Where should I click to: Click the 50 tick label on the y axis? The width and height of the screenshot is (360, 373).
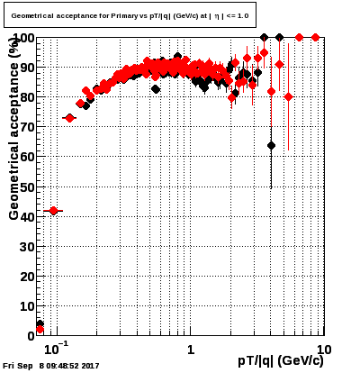[x=28, y=187]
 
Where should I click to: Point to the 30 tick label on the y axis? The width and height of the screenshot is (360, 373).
[x=28, y=247]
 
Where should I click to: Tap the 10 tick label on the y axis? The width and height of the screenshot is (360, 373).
[x=28, y=306]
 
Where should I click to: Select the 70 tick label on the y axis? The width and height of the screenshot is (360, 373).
[x=28, y=127]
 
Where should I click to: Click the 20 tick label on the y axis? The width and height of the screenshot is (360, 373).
[x=28, y=277]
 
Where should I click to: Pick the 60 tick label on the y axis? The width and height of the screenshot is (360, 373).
[x=28, y=157]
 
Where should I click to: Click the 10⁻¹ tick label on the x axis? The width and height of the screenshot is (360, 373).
[x=55, y=349]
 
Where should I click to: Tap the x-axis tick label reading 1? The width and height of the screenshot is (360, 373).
[x=191, y=350]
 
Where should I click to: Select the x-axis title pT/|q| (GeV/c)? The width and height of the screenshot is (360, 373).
[x=281, y=360]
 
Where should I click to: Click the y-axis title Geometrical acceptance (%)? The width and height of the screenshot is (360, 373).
[x=14, y=129]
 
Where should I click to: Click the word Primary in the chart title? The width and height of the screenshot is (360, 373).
[x=124, y=15]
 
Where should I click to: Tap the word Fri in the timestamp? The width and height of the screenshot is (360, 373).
[x=8, y=366]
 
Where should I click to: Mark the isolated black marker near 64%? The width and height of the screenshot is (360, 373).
[x=271, y=146]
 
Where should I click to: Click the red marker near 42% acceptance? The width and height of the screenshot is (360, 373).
[x=53, y=211]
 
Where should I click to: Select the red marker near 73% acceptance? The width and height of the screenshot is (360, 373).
[x=69, y=118]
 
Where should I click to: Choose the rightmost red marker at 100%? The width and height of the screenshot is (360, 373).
[x=315, y=38]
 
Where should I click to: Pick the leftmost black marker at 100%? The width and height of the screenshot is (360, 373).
[x=264, y=38]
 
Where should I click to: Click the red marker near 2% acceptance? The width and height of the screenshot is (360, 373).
[x=40, y=330]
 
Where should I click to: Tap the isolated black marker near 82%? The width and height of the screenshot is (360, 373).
[x=156, y=89]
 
